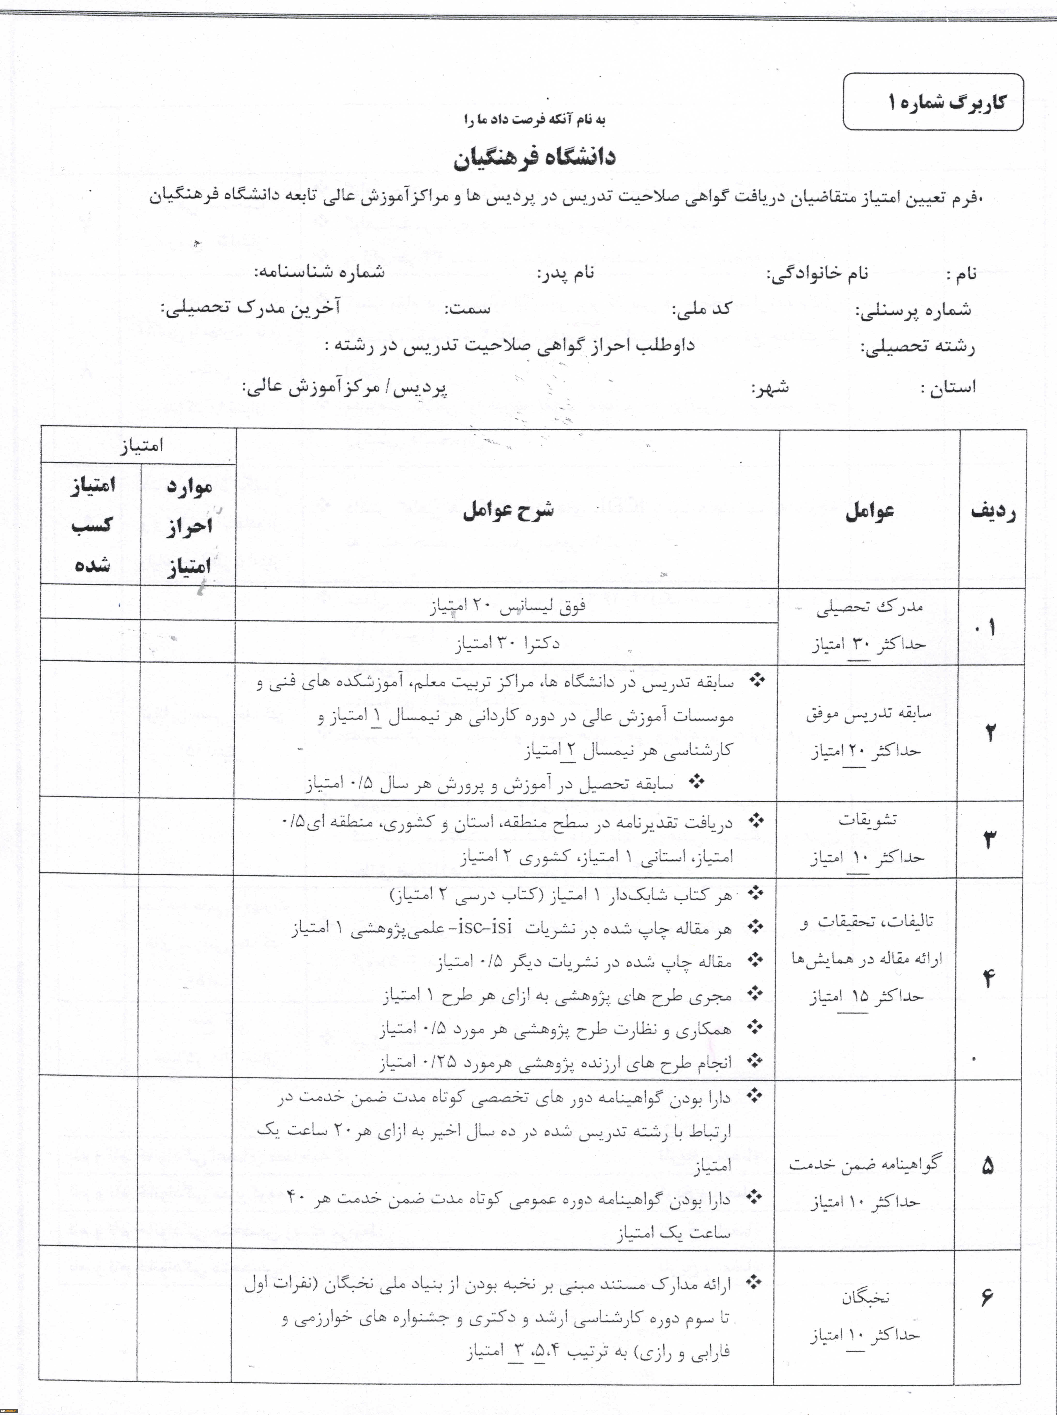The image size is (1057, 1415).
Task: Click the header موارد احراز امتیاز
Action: click(189, 526)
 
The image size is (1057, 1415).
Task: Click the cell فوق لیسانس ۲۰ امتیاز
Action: click(507, 606)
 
